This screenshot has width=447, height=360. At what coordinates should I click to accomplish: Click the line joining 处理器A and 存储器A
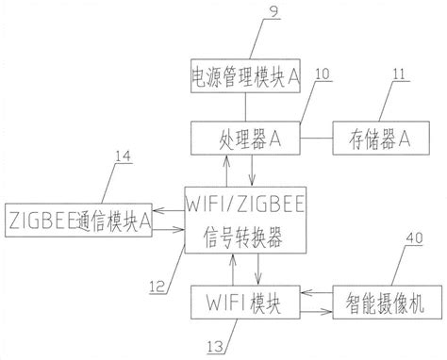tap(308, 139)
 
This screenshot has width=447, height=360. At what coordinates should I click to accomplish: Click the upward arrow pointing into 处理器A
tap(224, 169)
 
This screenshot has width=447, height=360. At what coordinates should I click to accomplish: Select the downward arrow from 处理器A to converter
tap(256, 169)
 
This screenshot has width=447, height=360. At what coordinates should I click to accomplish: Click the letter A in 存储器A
tap(404, 139)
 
